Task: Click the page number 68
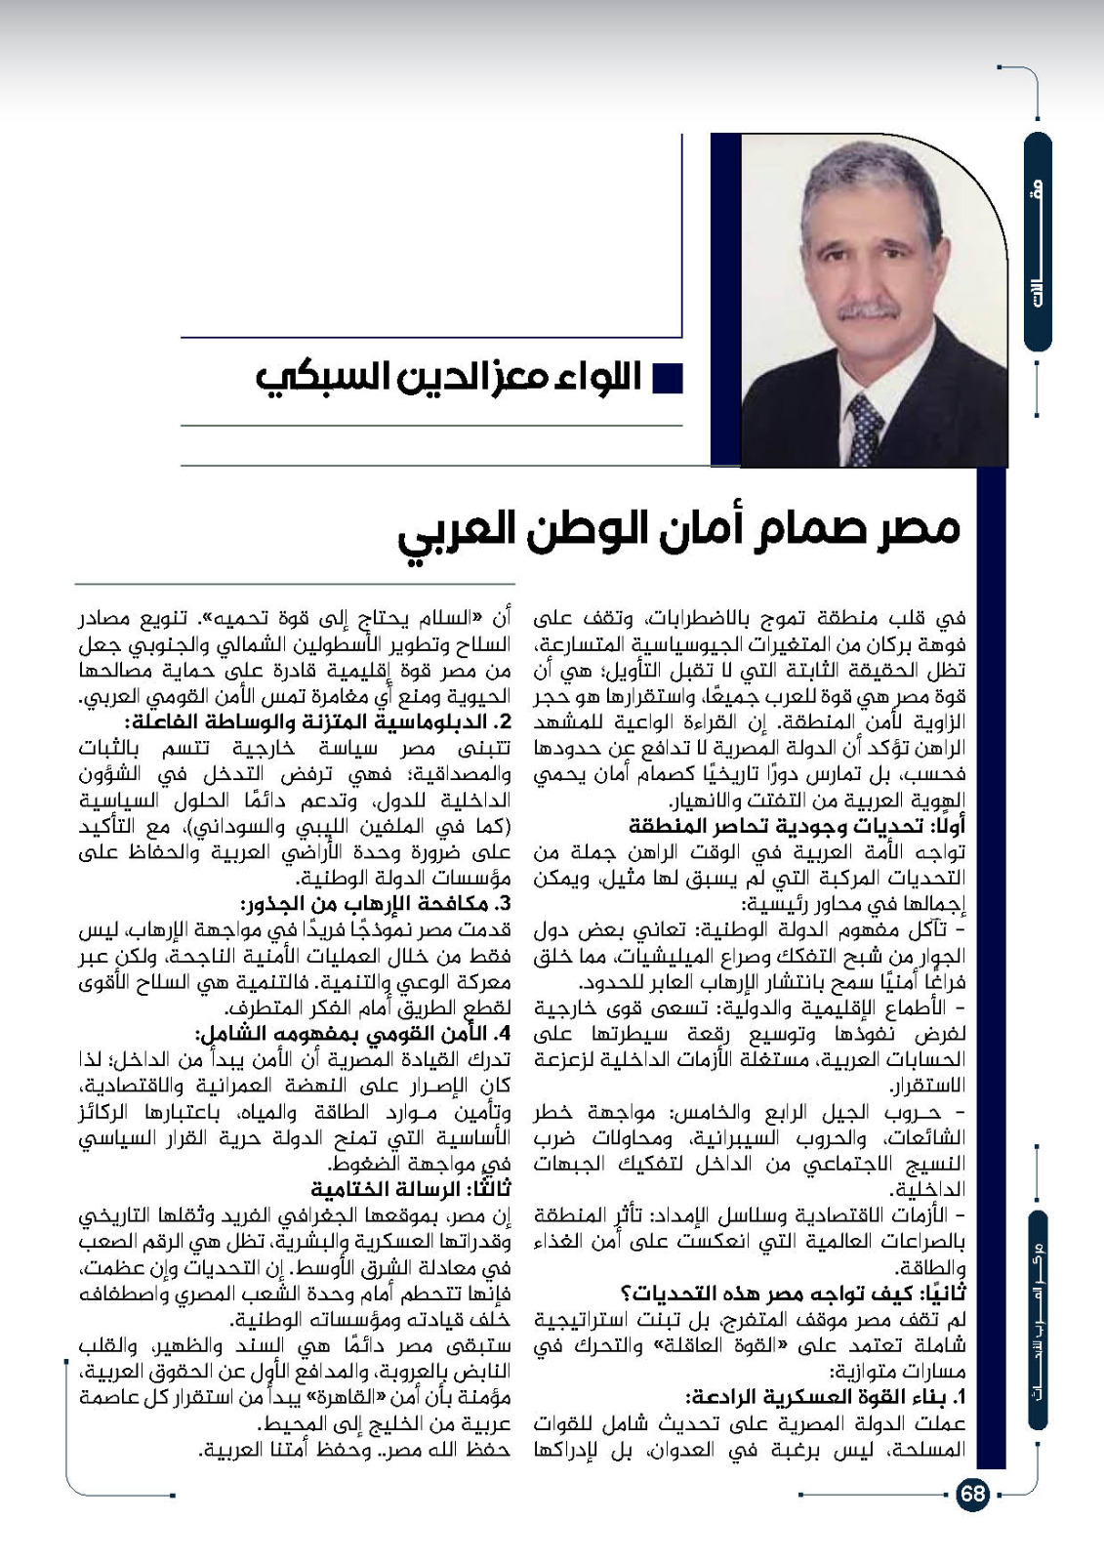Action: (972, 1495)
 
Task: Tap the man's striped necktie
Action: (864, 426)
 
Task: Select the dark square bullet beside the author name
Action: (667, 378)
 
